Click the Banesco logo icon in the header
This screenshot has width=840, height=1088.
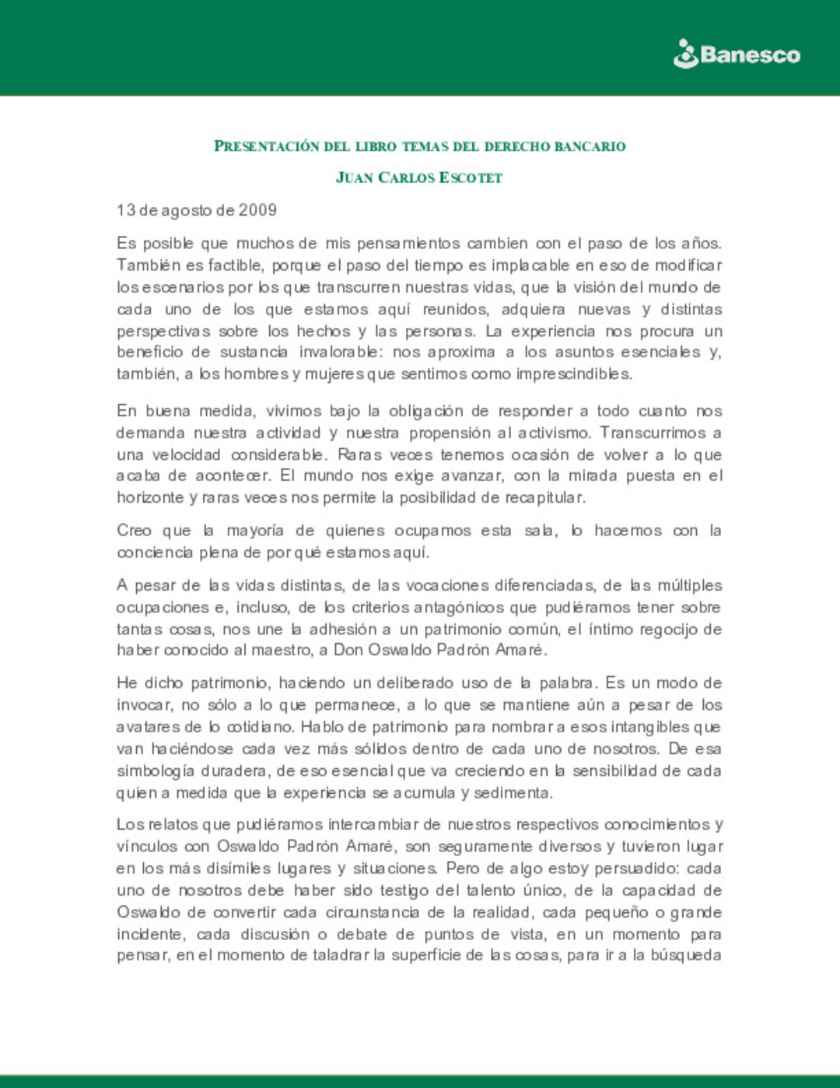click(x=685, y=54)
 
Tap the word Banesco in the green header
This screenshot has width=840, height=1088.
click(x=750, y=55)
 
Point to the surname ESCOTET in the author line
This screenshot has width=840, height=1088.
click(x=471, y=178)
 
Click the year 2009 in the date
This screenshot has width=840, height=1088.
click(x=257, y=210)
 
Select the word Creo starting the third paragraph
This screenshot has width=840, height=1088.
click(x=134, y=531)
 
